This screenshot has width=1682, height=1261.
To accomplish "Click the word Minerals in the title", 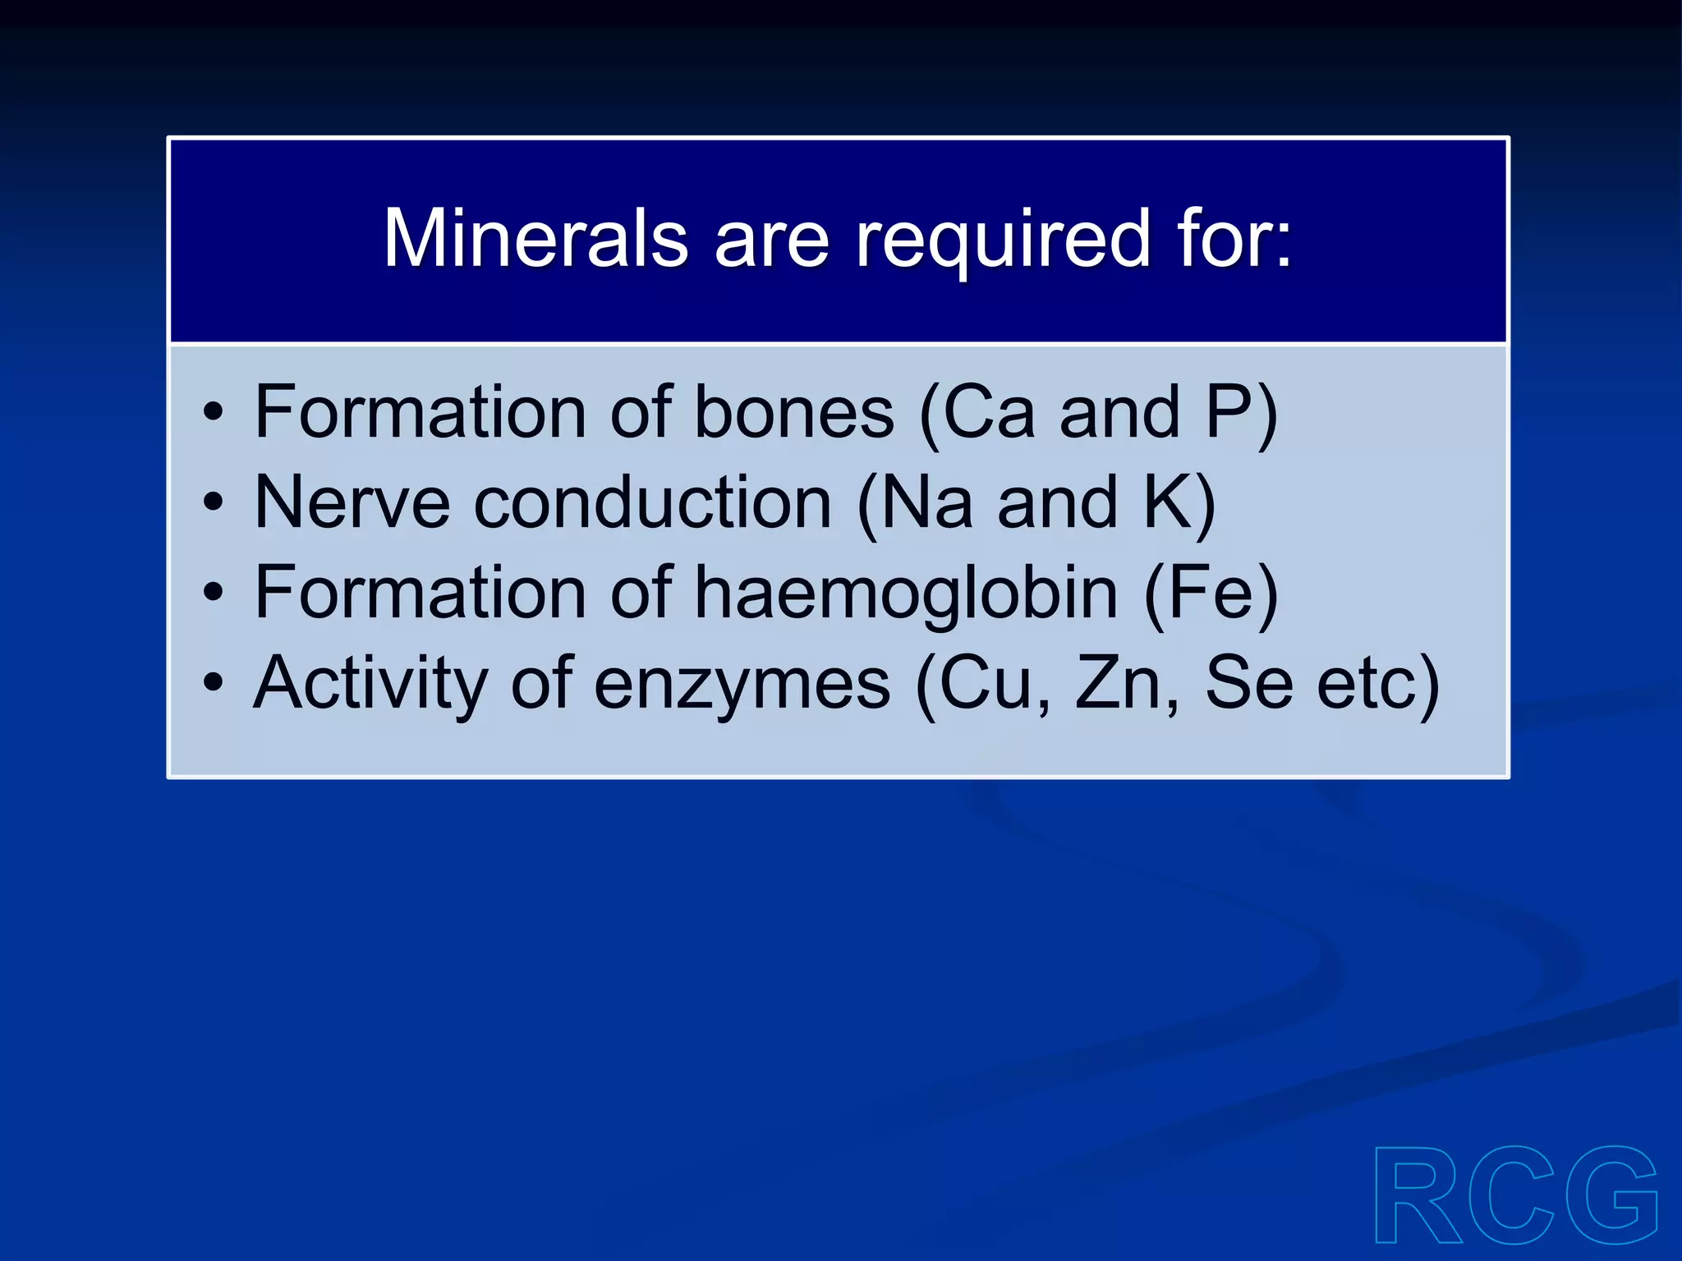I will pyautogui.click(x=535, y=238).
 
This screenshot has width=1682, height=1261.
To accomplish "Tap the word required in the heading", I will pyautogui.click(x=1003, y=240).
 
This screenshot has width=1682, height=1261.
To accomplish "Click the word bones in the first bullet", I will pyautogui.click(x=794, y=412).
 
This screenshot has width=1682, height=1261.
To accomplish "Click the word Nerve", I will pyautogui.click(x=352, y=502).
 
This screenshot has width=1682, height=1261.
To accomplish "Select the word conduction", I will pyautogui.click(x=653, y=502).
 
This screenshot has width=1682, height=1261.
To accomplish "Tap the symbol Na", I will pyautogui.click(x=926, y=502).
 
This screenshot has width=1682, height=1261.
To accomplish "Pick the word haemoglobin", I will pyautogui.click(x=907, y=594).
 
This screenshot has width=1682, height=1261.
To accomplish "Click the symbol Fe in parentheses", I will pyautogui.click(x=1211, y=593).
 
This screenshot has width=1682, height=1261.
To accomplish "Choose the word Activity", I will pyautogui.click(x=370, y=683).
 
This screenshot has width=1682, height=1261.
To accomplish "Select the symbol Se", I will pyautogui.click(x=1248, y=683).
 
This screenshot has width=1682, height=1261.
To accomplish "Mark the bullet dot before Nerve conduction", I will pyautogui.click(x=214, y=502).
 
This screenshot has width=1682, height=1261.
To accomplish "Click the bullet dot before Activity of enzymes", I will pyautogui.click(x=214, y=683).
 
